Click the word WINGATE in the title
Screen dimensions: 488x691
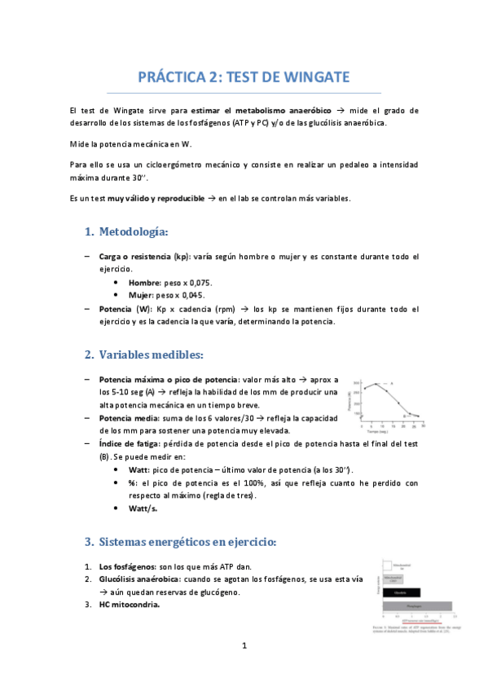pyautogui.click(x=310, y=77)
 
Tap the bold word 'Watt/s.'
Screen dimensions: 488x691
pyautogui.click(x=143, y=508)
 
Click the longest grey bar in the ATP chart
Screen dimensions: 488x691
pyautogui.click(x=416, y=605)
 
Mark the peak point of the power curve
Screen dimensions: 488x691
pyautogui.click(x=374, y=383)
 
